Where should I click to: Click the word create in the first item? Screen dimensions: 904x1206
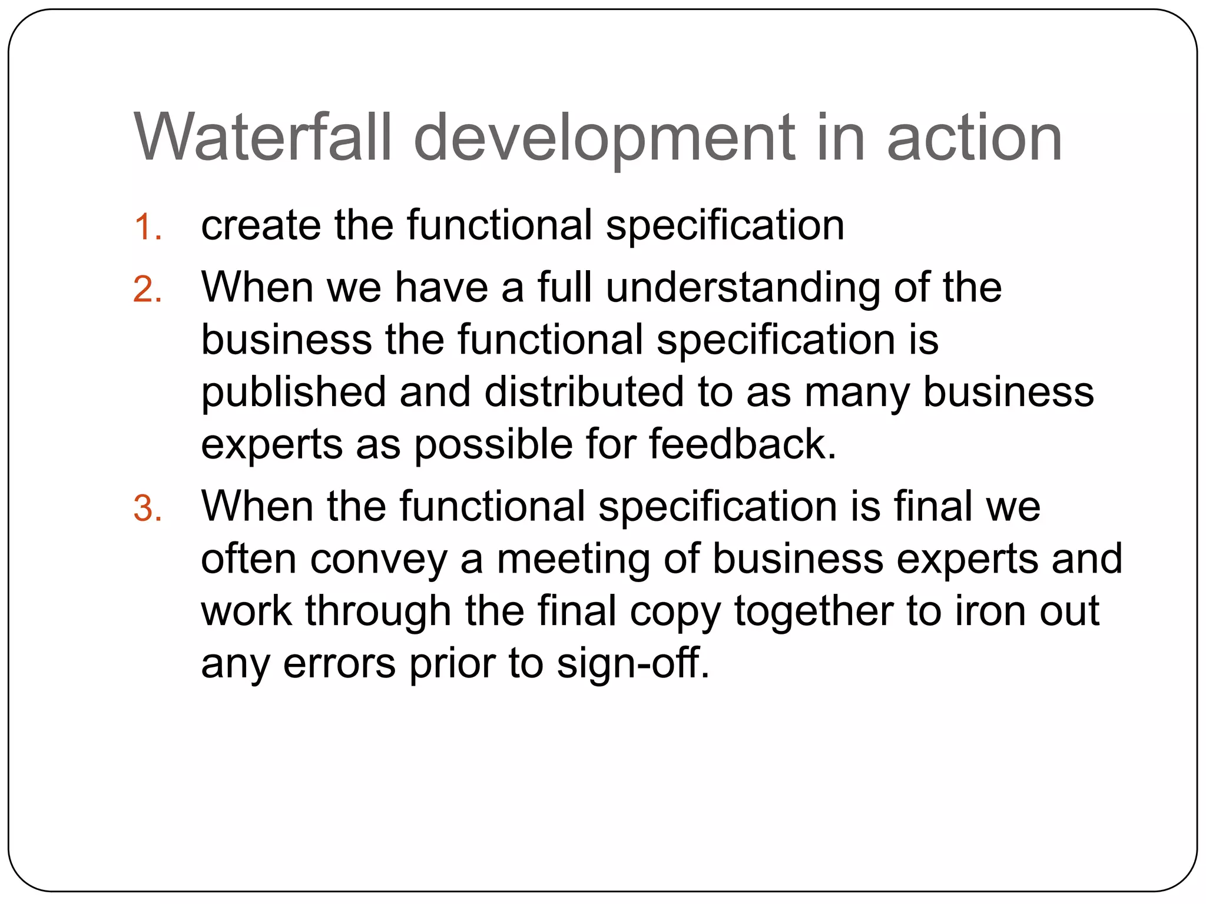pyautogui.click(x=261, y=225)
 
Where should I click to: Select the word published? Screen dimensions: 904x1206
pyautogui.click(x=293, y=393)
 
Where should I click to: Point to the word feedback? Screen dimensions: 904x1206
pyautogui.click(x=742, y=444)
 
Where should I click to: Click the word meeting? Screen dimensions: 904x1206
pyautogui.click(x=572, y=560)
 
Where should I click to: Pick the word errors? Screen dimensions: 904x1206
pyautogui.click(x=339, y=664)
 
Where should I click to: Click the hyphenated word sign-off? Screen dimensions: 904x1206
pyautogui.click(x=632, y=664)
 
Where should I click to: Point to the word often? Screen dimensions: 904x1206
pyautogui.click(x=249, y=559)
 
